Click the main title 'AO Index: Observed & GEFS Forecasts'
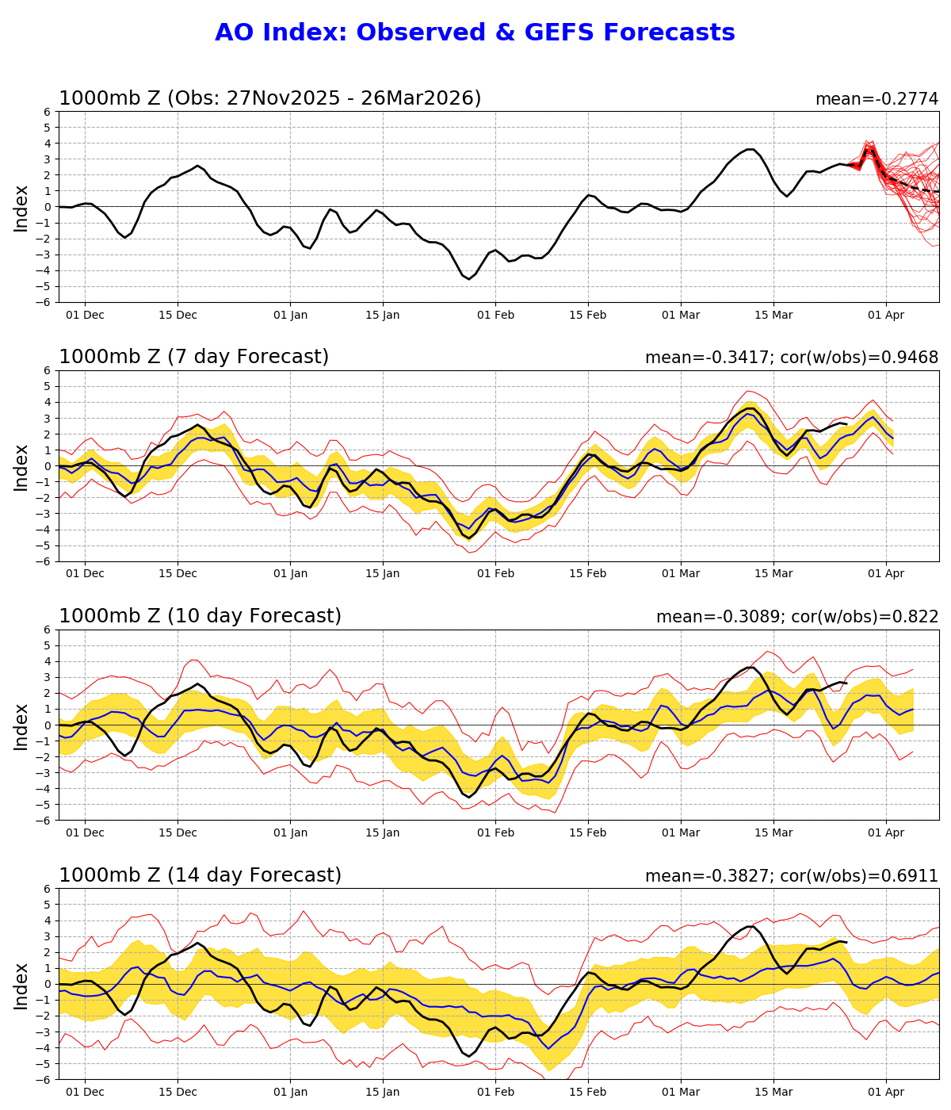coord(475,33)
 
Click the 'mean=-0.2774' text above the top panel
coord(877,99)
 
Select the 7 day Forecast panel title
coord(193,358)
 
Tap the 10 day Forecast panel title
coord(200,617)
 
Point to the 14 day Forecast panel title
coord(200,875)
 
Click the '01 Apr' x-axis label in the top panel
coord(885,315)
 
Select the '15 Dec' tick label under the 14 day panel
coord(178,1093)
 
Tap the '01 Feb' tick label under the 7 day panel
coord(495,574)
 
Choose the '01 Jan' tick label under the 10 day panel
coord(290,833)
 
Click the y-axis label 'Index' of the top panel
coord(21,208)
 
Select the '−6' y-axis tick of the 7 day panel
coord(44,561)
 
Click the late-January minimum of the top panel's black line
coord(468,279)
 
